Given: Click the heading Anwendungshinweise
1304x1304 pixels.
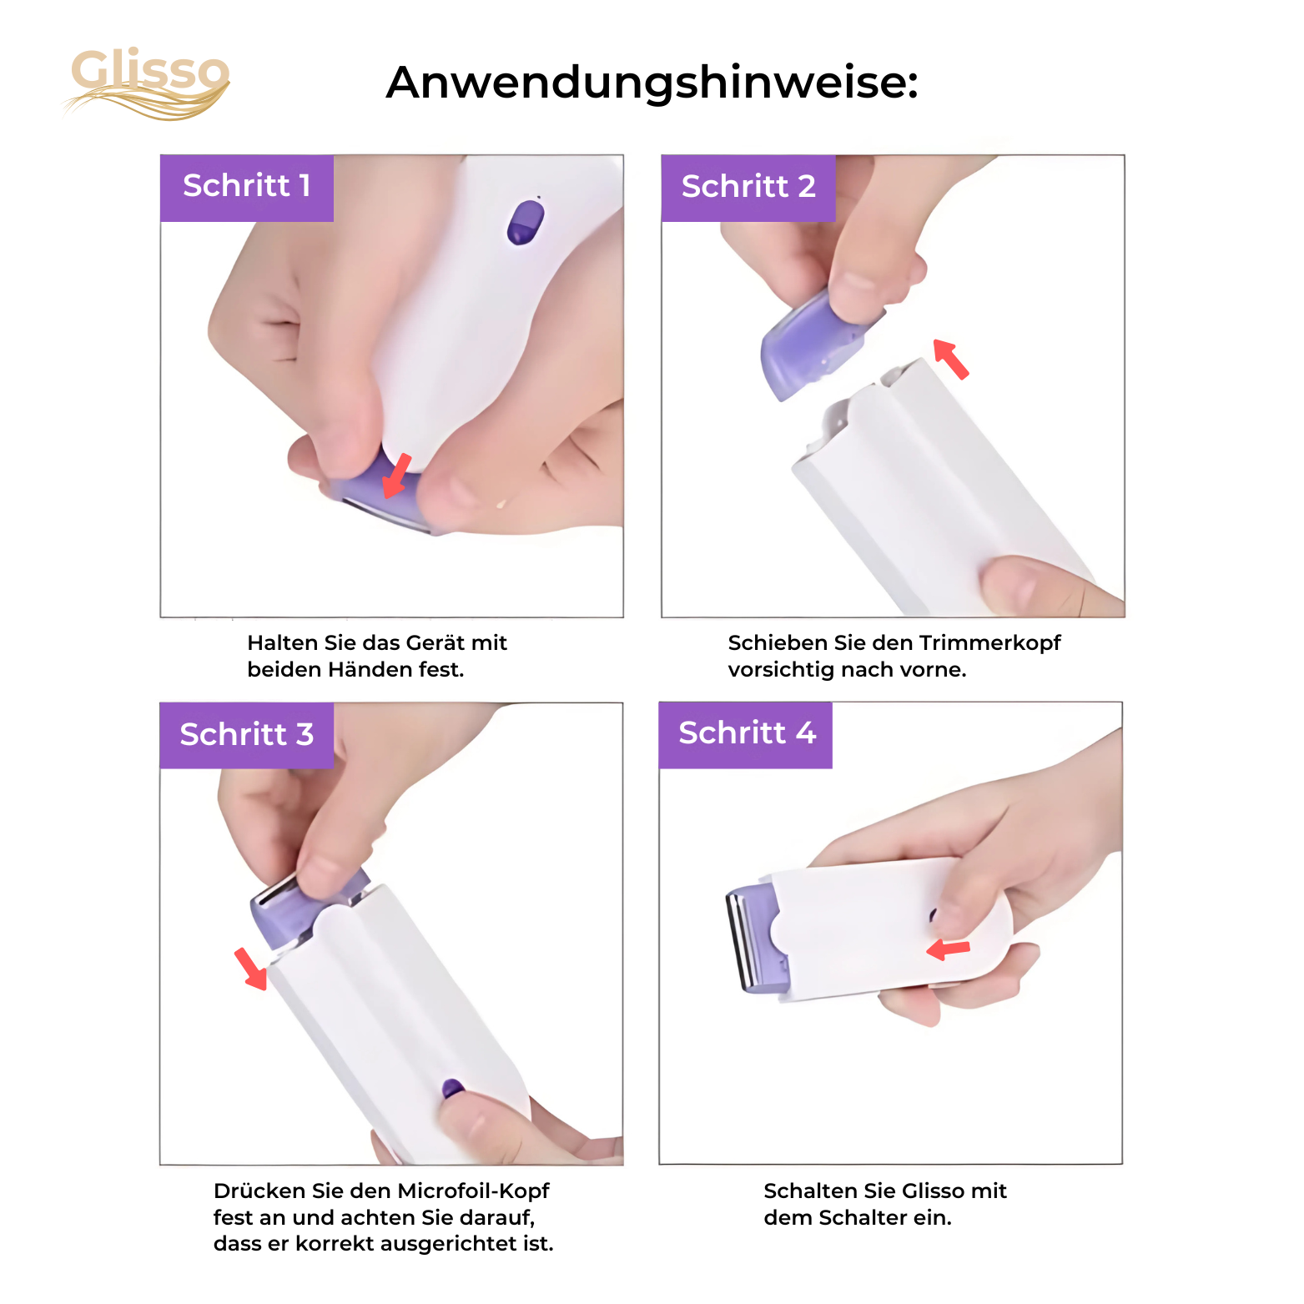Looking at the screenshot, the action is click(x=652, y=83).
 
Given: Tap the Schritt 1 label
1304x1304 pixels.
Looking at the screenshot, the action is click(x=247, y=186).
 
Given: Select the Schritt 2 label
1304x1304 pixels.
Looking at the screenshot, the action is click(x=748, y=187).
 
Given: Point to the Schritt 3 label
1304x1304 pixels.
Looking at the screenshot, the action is click(x=247, y=735).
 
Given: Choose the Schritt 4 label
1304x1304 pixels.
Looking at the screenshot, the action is click(x=746, y=734).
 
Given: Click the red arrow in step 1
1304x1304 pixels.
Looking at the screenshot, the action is click(x=396, y=476).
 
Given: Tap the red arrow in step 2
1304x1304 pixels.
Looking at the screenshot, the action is click(x=950, y=359).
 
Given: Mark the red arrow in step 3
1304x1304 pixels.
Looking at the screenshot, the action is click(x=251, y=969).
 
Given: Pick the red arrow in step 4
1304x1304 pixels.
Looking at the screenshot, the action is click(x=949, y=949).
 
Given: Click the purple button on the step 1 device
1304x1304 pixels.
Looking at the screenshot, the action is click(x=525, y=223).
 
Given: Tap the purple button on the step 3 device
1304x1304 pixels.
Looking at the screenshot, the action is click(x=452, y=1088).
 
